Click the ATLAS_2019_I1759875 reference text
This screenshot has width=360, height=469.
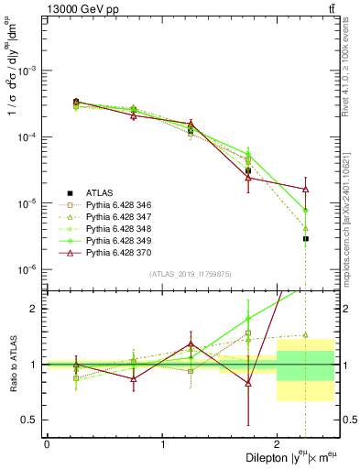pos(191,275)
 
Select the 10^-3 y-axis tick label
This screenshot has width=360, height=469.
pos(27,71)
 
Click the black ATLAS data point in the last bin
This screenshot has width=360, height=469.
pos(305,238)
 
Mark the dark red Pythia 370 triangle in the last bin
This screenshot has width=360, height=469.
pos(305,190)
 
